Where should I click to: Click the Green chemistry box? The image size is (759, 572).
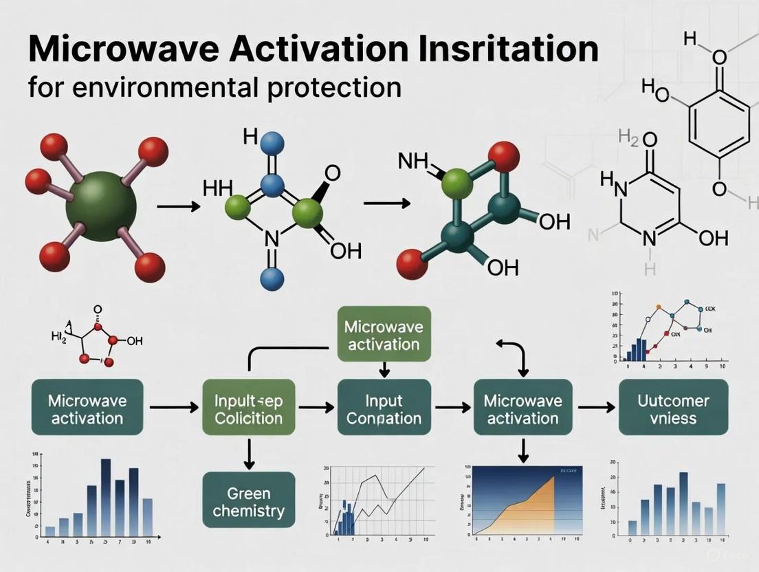(249, 502)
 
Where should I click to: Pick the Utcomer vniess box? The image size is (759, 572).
(663, 408)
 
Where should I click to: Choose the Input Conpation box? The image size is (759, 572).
(384, 408)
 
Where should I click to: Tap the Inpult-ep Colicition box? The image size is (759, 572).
(249, 408)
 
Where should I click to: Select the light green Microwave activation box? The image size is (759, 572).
(384, 335)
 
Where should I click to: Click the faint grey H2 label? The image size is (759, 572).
(628, 137)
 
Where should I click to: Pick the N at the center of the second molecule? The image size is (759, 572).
(272, 238)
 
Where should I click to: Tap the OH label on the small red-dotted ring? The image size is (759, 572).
(134, 341)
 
